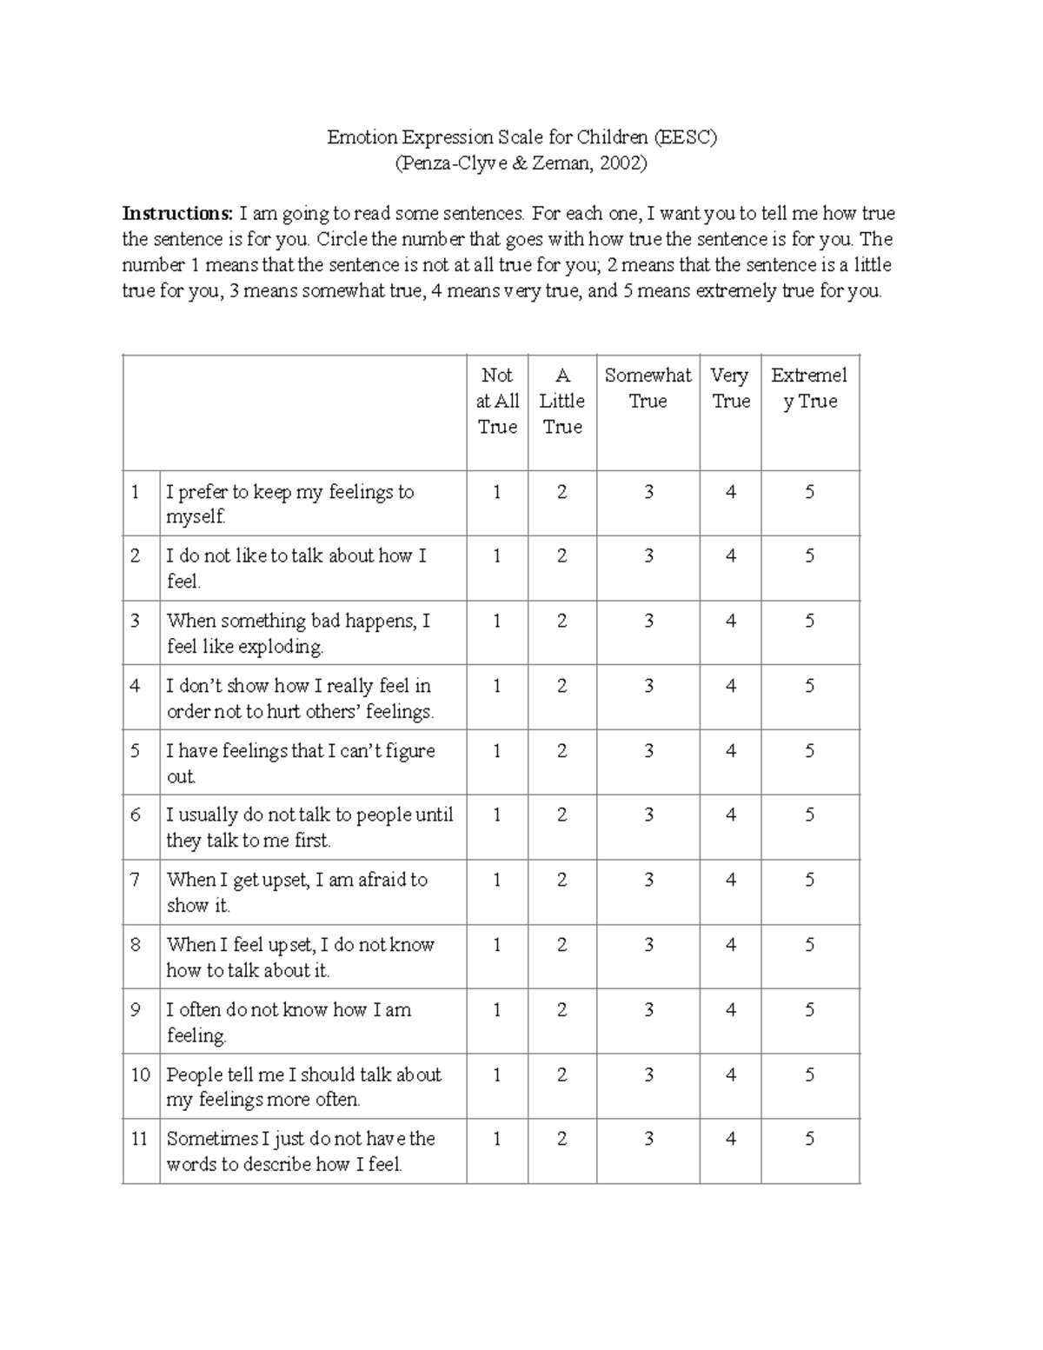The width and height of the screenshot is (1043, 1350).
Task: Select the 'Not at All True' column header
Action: (497, 401)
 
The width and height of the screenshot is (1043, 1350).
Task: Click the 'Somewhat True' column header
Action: (648, 388)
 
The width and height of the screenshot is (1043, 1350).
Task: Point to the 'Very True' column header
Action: (730, 388)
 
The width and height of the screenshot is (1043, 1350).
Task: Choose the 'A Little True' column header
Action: (562, 401)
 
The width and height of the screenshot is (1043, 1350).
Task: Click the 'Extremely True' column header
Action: (809, 388)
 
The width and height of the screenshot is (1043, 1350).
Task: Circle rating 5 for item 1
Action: (809, 492)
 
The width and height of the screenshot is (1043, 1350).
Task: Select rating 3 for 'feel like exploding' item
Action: (648, 621)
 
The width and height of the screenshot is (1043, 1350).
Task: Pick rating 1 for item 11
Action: (497, 1139)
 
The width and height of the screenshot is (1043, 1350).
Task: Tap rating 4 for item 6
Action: (731, 815)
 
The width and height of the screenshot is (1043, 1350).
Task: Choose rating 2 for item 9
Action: (562, 1009)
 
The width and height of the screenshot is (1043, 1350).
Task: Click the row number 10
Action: (141, 1074)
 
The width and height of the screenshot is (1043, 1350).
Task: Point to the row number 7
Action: (136, 880)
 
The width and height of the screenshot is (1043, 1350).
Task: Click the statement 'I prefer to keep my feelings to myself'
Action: (289, 504)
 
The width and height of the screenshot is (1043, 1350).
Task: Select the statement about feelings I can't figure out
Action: (300, 763)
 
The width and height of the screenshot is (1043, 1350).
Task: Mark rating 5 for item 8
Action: (809, 945)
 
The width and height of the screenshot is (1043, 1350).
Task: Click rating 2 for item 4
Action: (562, 686)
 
